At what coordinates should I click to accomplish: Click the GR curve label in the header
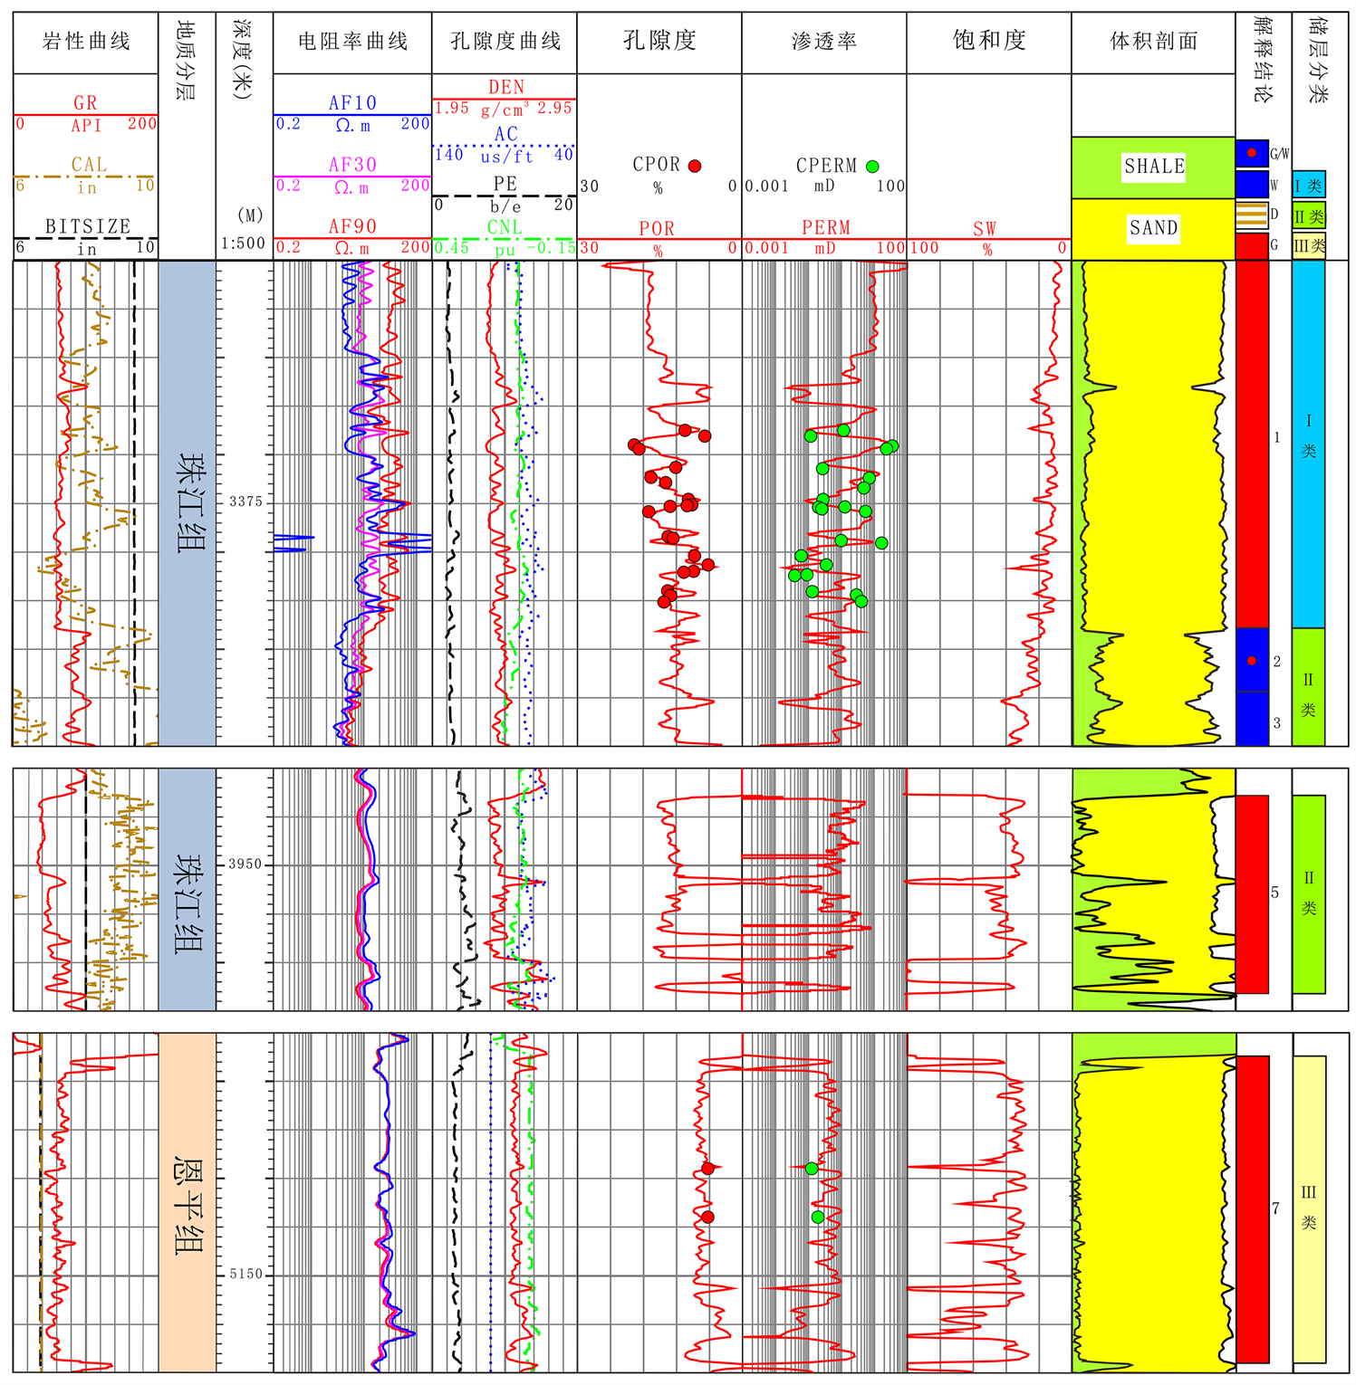(85, 103)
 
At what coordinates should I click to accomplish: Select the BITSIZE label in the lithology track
(88, 226)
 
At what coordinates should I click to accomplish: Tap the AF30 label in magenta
(352, 165)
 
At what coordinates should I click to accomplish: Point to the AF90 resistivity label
(352, 226)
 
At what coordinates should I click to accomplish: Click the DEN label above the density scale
(505, 87)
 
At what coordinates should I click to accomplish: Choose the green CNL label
(505, 227)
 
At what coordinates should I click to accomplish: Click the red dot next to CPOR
(695, 166)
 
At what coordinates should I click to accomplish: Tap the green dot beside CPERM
(872, 166)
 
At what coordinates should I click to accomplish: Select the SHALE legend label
(1154, 166)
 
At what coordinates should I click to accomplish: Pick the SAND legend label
(1153, 227)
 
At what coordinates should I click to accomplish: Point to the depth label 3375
(245, 501)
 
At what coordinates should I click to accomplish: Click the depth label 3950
(245, 864)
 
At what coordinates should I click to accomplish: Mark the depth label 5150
(245, 1274)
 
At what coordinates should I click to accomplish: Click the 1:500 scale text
(244, 244)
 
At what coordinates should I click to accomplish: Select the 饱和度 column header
(988, 41)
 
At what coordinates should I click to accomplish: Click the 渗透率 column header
(823, 41)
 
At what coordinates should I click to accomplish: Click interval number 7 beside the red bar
(1275, 1208)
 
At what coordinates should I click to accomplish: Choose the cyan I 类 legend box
(1309, 186)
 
